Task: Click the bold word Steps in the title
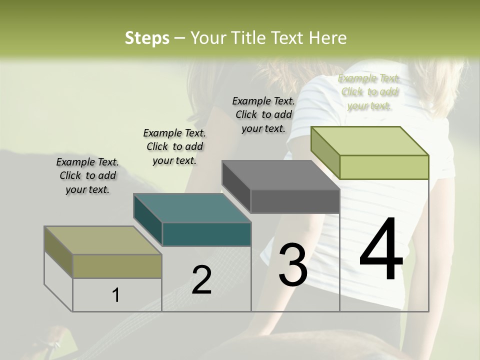147,38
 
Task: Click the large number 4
381,249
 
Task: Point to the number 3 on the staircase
292,264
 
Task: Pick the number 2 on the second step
201,280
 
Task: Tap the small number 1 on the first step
115,295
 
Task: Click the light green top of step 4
369,140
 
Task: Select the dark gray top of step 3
280,175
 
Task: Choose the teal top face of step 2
191,208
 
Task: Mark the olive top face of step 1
103,240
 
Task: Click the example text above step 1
87,176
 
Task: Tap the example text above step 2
174,146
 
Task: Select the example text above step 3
263,114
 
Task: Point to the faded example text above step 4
369,92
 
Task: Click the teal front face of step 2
207,234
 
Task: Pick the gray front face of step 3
295,201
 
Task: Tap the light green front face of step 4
384,167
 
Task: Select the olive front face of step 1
117,266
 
